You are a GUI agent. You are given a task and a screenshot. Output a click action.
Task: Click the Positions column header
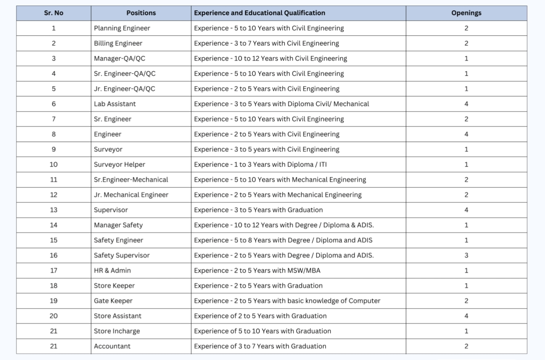[x=141, y=13]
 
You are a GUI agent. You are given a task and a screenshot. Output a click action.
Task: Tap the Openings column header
[x=466, y=13]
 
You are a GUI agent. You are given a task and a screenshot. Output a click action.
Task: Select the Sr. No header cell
[x=54, y=13]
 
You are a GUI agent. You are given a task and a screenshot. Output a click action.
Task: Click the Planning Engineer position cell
[x=122, y=28]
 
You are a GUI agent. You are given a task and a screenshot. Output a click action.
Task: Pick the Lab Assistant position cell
[x=115, y=104]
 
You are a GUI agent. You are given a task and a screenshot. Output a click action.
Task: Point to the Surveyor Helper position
[x=119, y=165]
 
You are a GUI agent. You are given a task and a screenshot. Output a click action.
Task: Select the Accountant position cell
[x=112, y=346]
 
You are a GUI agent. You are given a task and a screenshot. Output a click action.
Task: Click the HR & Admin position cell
[x=112, y=270]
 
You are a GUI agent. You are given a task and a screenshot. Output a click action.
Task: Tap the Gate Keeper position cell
[x=113, y=301]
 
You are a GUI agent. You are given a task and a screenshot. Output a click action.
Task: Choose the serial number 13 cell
[x=54, y=210]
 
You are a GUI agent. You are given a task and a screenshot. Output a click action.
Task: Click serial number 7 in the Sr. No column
[x=54, y=119]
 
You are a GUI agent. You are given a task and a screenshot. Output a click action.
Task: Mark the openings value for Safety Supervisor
[x=466, y=255]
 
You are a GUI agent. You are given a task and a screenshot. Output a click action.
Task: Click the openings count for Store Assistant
[x=466, y=316]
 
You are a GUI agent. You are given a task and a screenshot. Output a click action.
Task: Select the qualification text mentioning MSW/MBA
[x=257, y=270]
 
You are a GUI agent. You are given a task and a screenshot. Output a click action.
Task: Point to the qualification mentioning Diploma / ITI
[x=260, y=165]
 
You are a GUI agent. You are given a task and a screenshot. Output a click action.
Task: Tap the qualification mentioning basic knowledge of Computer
[x=287, y=301]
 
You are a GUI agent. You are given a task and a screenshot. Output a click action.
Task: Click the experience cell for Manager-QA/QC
[x=270, y=58]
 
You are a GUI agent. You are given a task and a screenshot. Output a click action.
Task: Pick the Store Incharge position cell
[x=117, y=331]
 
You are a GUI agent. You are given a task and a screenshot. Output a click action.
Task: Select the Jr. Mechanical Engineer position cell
[x=131, y=195]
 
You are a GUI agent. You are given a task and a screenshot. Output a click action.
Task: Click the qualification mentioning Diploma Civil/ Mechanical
[x=281, y=104]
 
